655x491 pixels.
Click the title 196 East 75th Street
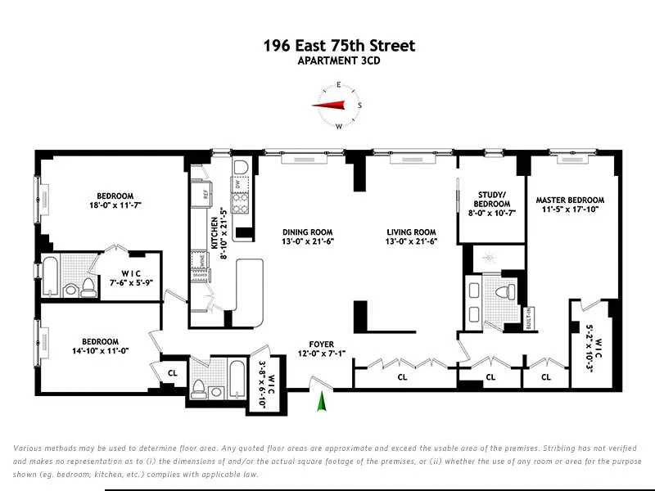pyautogui.click(x=338, y=46)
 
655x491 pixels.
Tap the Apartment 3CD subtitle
pyautogui.click(x=338, y=61)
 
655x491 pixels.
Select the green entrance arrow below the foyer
pyautogui.click(x=323, y=402)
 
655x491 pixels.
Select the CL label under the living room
pyautogui.click(x=402, y=377)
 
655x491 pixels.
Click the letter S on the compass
pyautogui.click(x=360, y=106)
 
